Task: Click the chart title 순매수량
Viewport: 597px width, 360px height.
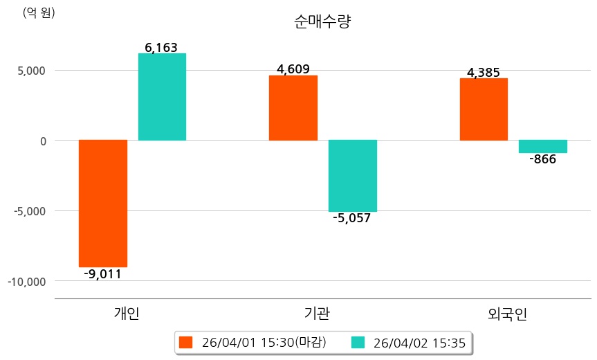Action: (322, 22)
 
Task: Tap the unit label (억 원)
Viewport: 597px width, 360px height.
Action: (39, 12)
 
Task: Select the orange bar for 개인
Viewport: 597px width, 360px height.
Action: (103, 203)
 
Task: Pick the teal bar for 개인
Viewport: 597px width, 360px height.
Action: (162, 97)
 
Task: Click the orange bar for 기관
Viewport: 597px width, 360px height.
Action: (293, 107)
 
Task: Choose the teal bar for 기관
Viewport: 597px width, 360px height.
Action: (353, 176)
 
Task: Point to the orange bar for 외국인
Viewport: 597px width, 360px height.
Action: (484, 109)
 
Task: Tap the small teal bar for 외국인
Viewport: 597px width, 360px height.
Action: (543, 146)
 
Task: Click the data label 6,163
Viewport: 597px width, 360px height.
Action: (161, 48)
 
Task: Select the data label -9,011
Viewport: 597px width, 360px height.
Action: (102, 274)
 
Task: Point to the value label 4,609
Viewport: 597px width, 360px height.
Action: (293, 69)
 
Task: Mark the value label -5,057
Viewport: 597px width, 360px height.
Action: (352, 219)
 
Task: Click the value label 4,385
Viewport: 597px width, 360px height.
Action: (484, 72)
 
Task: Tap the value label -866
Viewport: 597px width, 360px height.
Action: (542, 160)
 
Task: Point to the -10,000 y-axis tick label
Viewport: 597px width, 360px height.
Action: (27, 282)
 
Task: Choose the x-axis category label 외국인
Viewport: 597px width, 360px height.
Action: (507, 314)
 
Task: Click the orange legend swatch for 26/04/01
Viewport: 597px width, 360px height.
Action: (185, 342)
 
